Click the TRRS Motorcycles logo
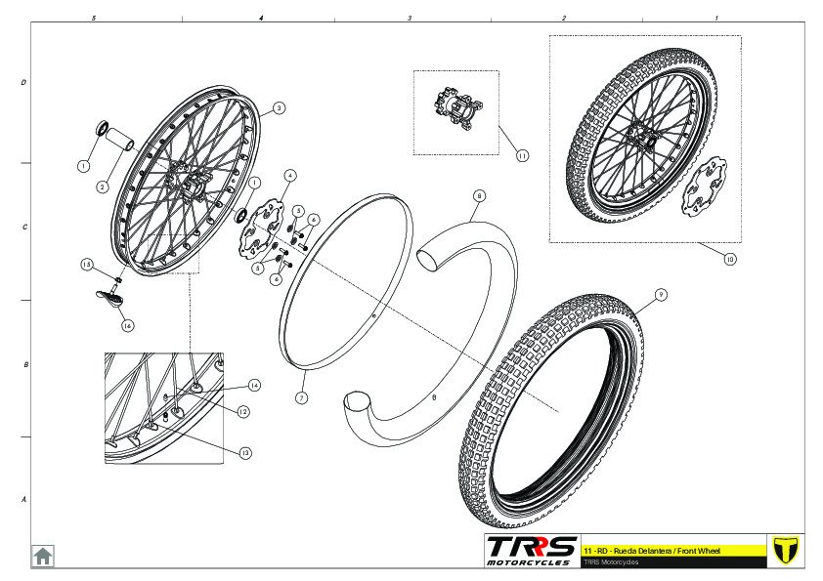click(532, 549)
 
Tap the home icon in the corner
click(43, 556)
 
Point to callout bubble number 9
click(661, 295)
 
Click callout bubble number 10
click(729, 260)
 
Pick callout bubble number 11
click(522, 155)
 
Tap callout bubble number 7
click(301, 398)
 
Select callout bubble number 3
click(279, 108)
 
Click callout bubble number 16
click(127, 325)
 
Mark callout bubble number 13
click(245, 452)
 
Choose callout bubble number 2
click(101, 187)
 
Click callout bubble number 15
click(86, 265)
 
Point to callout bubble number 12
click(242, 412)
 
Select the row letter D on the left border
click(22, 83)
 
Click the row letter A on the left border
click(22, 499)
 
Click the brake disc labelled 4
click(260, 228)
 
